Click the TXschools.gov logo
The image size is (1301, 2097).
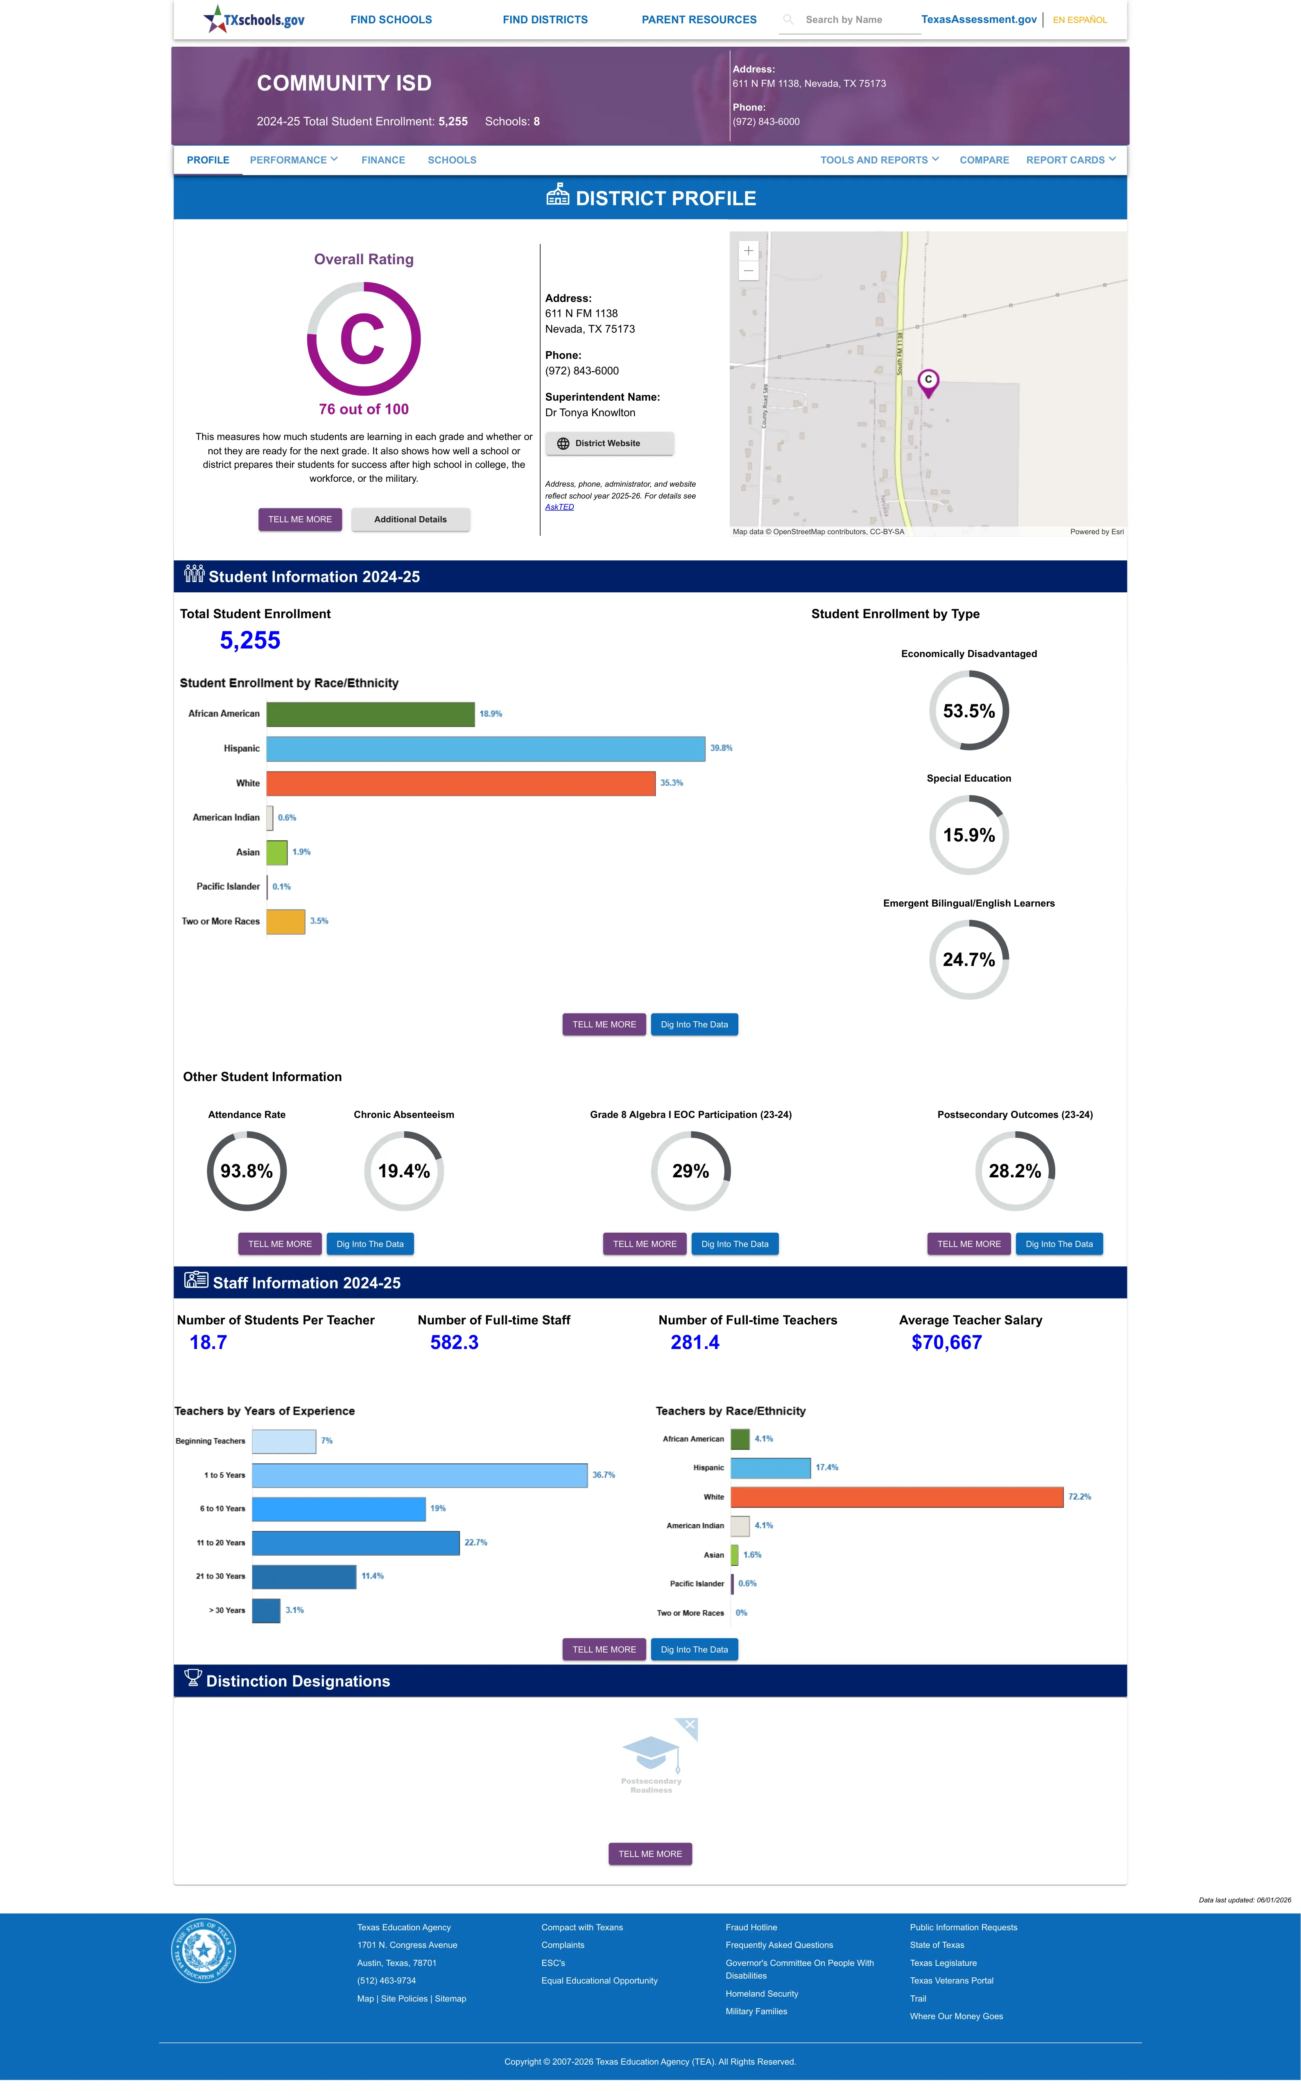pyautogui.click(x=254, y=19)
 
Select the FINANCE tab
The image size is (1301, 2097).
pyautogui.click(x=383, y=160)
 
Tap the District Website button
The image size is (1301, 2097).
pyautogui.click(x=609, y=443)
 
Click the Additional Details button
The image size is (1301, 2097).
pyautogui.click(x=410, y=520)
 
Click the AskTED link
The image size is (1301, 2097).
pyautogui.click(x=559, y=507)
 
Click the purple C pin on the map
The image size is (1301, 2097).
pyautogui.click(x=928, y=382)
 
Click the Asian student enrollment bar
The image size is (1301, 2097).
pyautogui.click(x=277, y=852)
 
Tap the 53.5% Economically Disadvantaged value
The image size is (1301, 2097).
pyautogui.click(x=969, y=711)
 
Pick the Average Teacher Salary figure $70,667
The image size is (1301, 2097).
pyautogui.click(x=946, y=1342)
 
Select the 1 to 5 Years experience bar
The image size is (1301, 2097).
pyautogui.click(x=420, y=1475)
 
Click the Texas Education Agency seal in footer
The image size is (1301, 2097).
pyautogui.click(x=203, y=1950)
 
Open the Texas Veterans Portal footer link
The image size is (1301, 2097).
pyautogui.click(x=952, y=1981)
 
